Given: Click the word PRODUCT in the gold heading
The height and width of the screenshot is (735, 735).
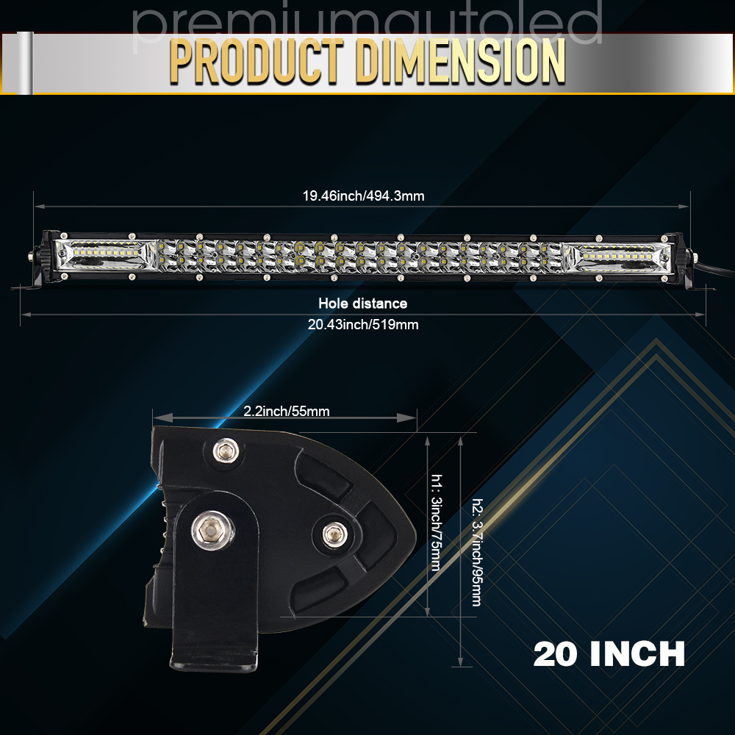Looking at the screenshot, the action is tap(257, 62).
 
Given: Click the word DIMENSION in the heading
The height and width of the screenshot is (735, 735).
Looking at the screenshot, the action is tap(460, 62).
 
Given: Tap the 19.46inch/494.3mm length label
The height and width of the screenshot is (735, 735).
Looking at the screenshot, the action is tap(363, 196).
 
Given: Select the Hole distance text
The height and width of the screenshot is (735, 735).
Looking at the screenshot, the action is tap(363, 304).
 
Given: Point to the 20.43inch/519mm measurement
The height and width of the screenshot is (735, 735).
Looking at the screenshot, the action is tap(363, 324).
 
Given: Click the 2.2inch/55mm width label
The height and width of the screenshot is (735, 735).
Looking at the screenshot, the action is tap(287, 411).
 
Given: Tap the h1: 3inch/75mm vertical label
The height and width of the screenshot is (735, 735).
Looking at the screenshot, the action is tap(436, 523).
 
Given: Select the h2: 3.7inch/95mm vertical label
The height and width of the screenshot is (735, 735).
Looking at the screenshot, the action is tap(476, 553).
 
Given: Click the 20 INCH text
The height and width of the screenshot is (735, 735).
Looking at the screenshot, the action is tap(609, 654).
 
